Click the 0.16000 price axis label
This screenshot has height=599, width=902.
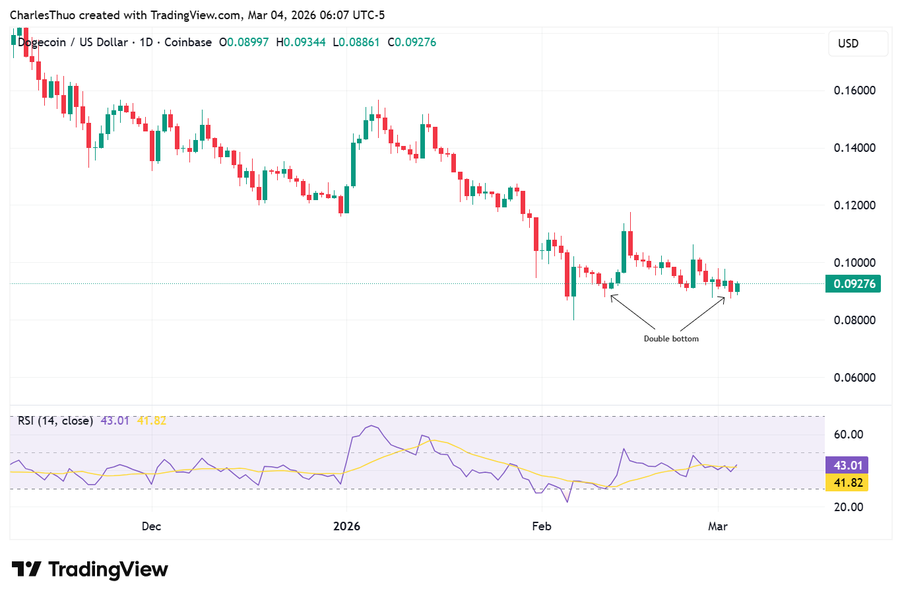854,90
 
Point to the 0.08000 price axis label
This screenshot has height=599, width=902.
854,320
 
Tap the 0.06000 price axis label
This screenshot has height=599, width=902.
854,378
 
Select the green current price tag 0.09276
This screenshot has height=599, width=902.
854,284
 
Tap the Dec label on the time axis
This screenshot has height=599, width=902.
151,526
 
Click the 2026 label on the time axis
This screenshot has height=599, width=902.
346,526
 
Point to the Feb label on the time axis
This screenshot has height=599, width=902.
541,526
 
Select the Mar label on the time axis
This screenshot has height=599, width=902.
717,526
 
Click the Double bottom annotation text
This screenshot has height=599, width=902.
671,339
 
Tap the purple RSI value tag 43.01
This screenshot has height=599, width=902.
847,466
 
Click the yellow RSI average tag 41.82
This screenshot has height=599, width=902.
847,483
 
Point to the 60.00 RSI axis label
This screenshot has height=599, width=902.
848,435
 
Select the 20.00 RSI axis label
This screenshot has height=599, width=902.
848,507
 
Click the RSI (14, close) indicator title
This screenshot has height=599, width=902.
55,421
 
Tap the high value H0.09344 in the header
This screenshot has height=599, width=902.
301,42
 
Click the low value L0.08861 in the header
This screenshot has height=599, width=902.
356,42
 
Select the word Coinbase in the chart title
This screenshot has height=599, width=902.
188,42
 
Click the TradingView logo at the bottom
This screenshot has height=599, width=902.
90,569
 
